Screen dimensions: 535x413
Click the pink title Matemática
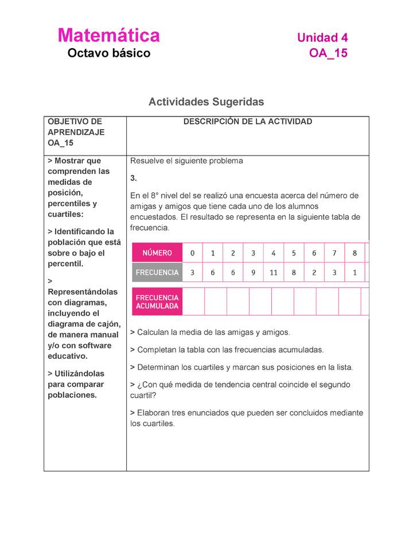tap(108, 36)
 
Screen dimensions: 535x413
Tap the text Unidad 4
tap(322, 38)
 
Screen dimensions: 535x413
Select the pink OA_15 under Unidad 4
tap(328, 53)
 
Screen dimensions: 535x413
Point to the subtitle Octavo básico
tap(108, 53)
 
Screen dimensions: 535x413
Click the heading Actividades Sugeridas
tap(206, 102)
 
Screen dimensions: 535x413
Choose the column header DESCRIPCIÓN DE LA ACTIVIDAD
tap(247, 122)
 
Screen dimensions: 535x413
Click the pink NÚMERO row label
tap(157, 253)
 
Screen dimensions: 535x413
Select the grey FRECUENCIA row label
tap(157, 273)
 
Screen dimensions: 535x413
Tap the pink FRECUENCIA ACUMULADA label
tap(157, 302)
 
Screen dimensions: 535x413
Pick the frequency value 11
tap(274, 273)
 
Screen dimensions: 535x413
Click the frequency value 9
tap(253, 273)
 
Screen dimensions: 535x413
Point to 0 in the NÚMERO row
tap(192, 253)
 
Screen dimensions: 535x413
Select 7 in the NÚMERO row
tap(334, 253)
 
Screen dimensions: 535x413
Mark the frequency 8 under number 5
tap(294, 273)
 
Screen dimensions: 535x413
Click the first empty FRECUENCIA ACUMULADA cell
tap(193, 302)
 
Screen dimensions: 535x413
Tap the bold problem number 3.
tap(133, 179)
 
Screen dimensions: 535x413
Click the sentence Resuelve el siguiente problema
tap(186, 161)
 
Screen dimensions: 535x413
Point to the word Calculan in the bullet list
tap(154, 332)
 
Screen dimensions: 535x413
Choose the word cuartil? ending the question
tap(143, 396)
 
